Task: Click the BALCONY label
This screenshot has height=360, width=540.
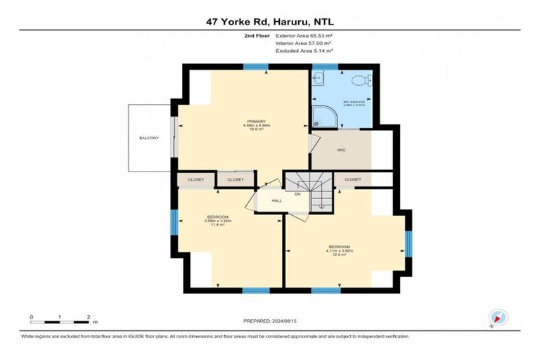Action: [148, 138]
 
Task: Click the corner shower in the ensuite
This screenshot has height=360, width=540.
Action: [322, 117]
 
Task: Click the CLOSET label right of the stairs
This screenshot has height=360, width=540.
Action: [352, 179]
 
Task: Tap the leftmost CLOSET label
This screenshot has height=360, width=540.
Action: [195, 179]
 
